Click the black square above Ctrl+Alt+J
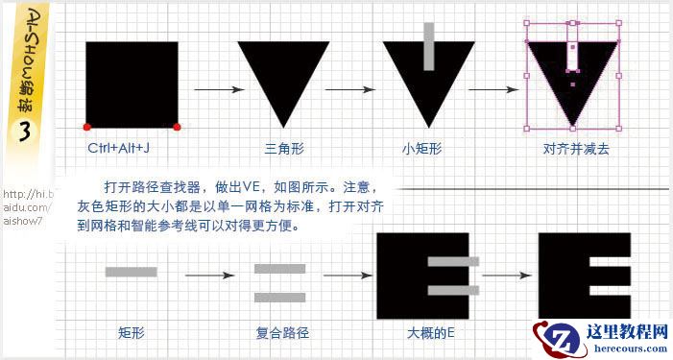[132, 84]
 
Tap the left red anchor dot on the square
[86, 127]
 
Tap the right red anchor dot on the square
[178, 127]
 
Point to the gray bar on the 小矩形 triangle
[429, 47]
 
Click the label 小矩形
[422, 149]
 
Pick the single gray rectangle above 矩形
[131, 272]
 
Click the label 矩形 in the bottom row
[131, 334]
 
